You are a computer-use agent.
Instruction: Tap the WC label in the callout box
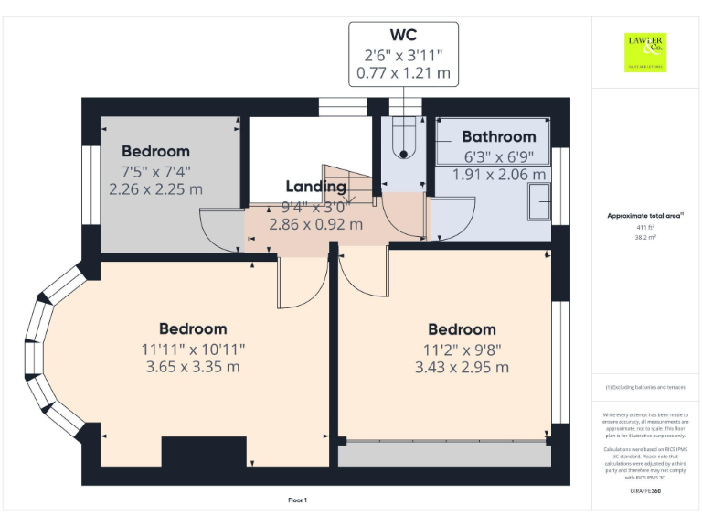(x=403, y=36)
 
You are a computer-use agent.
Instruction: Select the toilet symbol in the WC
(x=403, y=140)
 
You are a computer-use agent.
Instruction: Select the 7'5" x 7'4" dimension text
(x=155, y=171)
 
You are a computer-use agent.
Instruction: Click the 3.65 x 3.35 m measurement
(x=193, y=367)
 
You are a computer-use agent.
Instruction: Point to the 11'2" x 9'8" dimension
(x=462, y=349)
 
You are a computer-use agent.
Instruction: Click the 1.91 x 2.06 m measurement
(x=499, y=174)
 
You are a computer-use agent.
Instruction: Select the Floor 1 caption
(x=297, y=500)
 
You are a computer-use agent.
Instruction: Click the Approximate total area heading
(x=645, y=216)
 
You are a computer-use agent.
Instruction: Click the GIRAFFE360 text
(x=645, y=491)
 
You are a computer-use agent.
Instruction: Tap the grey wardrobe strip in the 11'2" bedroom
(x=444, y=455)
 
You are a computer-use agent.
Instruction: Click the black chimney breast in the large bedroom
(x=203, y=452)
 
